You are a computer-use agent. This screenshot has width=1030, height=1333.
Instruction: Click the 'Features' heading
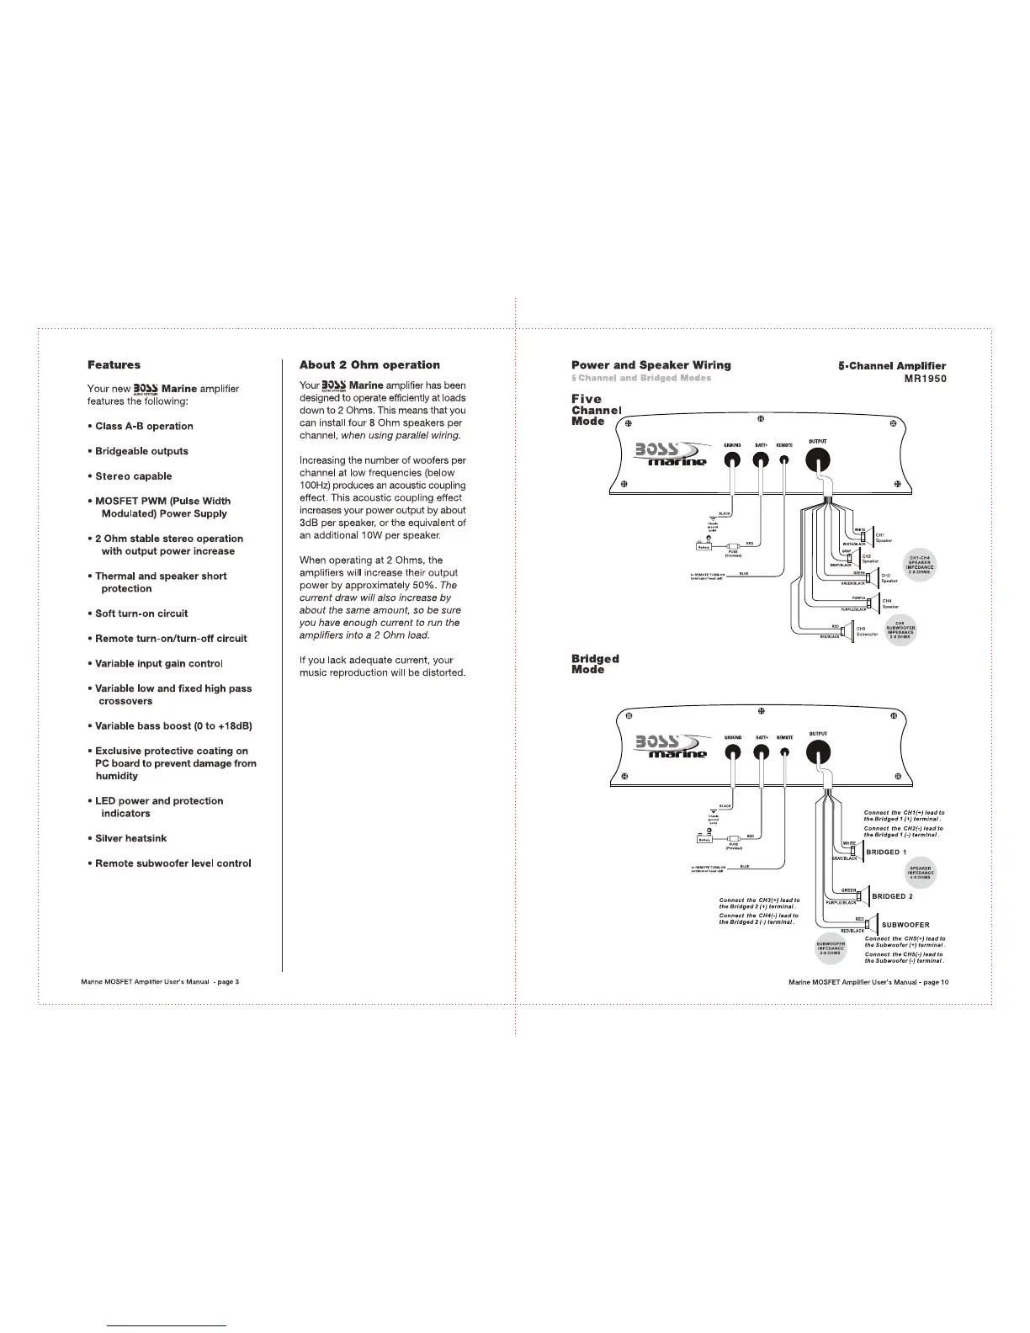click(114, 364)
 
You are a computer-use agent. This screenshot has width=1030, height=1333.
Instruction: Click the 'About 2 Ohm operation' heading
click(369, 364)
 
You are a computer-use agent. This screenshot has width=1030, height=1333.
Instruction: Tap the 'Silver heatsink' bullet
click(130, 838)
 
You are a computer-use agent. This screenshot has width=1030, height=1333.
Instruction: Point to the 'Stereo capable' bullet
click(133, 475)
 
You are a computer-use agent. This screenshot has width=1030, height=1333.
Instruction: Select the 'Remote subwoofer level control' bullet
click(173, 863)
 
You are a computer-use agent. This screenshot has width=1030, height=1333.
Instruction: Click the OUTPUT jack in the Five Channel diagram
click(818, 459)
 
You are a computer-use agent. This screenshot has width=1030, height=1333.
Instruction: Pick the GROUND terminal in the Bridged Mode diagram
click(732, 754)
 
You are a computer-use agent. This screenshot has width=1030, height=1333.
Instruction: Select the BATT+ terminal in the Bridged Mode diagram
click(762, 754)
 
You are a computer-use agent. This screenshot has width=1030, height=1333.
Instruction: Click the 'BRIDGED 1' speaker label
click(886, 852)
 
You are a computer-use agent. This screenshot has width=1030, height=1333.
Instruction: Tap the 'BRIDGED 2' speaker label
click(892, 896)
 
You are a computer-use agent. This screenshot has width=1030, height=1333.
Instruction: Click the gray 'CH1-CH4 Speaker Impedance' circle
click(919, 565)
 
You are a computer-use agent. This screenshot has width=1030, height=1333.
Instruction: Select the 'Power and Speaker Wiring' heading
click(650, 365)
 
